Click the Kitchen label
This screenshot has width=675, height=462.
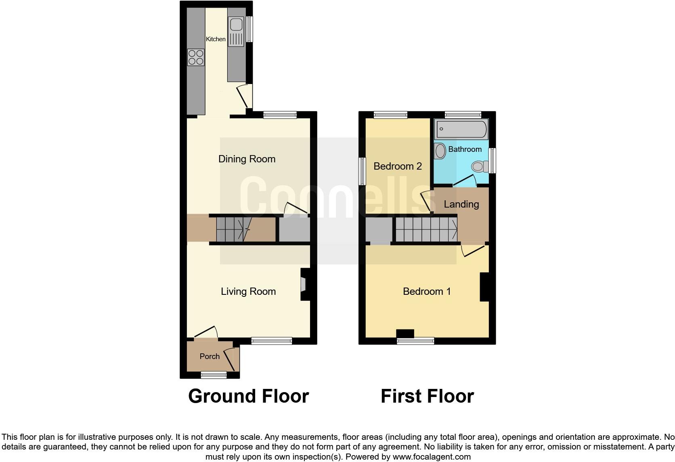[216, 39]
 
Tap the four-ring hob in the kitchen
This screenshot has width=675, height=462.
[196, 57]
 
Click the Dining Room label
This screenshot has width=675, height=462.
[247, 159]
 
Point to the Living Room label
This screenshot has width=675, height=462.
[248, 291]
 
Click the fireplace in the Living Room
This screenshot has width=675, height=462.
[304, 285]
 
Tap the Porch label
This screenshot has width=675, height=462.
[210, 356]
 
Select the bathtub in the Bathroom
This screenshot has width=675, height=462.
[461, 129]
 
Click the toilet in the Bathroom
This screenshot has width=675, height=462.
[479, 166]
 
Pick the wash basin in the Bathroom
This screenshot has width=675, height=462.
[440, 151]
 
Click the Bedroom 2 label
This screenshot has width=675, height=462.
[397, 166]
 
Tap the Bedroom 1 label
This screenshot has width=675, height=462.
[426, 291]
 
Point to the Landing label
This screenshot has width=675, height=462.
[461, 204]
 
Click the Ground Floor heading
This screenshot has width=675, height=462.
[248, 396]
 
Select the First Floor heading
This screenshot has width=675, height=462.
[427, 396]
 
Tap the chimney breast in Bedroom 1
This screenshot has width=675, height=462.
[484, 287]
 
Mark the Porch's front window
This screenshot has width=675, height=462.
[214, 375]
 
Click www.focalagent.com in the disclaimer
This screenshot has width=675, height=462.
[432, 457]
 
